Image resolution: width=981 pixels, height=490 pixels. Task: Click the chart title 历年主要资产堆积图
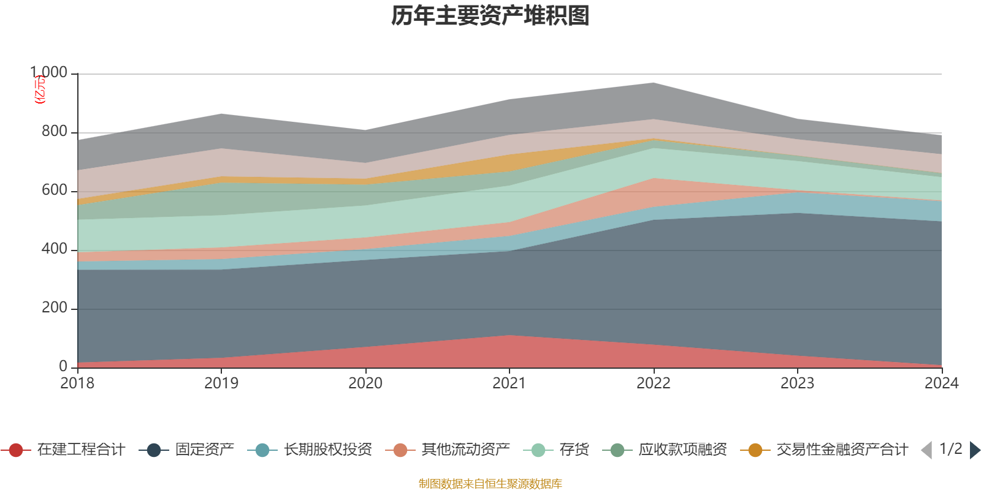[490, 16]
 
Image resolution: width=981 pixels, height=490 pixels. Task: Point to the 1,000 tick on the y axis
[49, 73]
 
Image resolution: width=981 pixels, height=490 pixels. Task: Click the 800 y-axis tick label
[55, 132]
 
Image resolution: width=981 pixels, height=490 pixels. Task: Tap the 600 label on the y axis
[55, 190]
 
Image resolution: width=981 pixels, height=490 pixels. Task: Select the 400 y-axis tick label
[55, 249]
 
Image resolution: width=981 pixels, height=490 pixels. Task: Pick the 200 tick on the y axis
[55, 308]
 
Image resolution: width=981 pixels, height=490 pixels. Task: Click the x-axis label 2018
[77, 383]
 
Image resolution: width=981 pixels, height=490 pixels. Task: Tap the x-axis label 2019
[221, 383]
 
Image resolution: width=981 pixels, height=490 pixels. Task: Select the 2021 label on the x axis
[510, 383]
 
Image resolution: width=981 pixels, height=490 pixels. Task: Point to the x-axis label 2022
[654, 383]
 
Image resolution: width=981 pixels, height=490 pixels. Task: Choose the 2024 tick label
[941, 383]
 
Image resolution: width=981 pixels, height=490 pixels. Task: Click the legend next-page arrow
[974, 450]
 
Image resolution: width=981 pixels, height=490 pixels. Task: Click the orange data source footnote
[490, 484]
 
